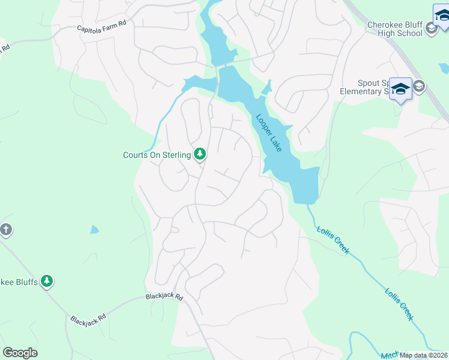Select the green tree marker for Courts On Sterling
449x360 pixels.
coord(200,155)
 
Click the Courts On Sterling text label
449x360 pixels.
coord(157,155)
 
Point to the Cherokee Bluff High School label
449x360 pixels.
coord(396,29)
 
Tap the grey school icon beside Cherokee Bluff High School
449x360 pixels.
coord(430,28)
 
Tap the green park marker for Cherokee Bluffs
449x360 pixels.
coord(47,281)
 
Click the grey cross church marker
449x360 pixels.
coord(6,229)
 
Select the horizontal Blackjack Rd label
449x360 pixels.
coord(163,297)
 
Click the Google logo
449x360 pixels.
coord(20,353)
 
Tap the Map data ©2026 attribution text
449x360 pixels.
coord(423,355)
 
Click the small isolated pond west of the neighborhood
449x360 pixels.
coord(95,229)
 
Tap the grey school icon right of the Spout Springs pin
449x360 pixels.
coord(418,86)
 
